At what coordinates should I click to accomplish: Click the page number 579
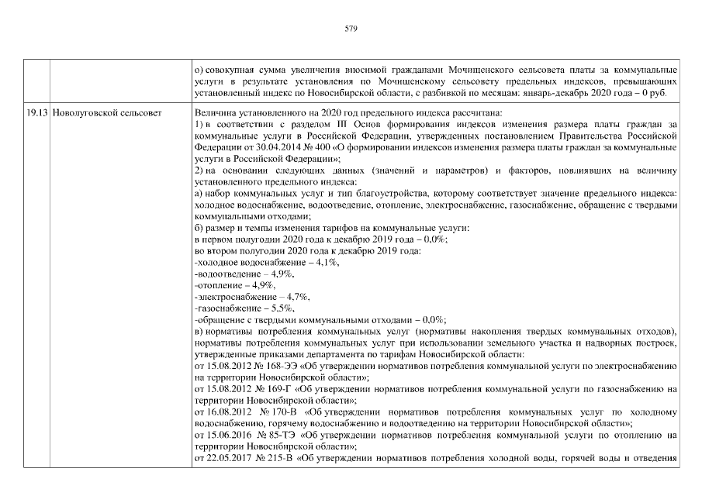[351, 29]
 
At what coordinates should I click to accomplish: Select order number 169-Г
[272, 388]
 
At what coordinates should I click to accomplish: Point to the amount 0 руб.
[664, 94]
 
